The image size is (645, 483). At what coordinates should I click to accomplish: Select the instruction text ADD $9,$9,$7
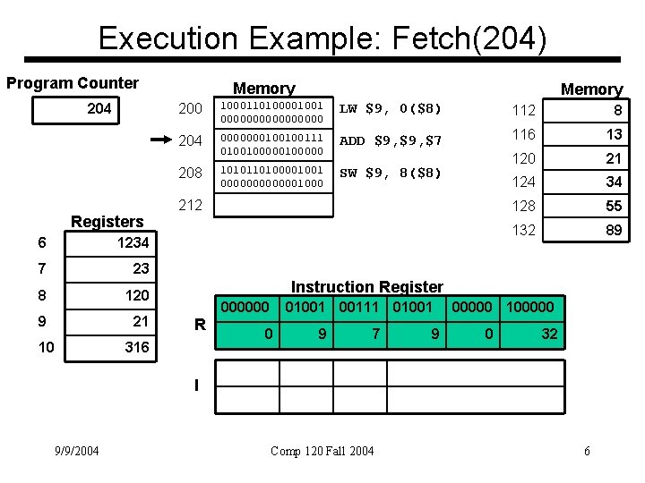391,140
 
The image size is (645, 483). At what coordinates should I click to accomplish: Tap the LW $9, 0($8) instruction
391,109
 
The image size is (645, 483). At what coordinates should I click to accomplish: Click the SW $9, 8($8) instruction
391,173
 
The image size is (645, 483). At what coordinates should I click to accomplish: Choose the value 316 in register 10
137,347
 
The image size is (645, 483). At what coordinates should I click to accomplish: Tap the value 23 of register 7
141,268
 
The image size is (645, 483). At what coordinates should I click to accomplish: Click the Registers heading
107,221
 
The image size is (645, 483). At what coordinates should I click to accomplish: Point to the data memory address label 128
523,206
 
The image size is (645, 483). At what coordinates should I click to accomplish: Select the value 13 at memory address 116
613,134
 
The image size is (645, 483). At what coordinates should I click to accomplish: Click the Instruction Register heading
367,286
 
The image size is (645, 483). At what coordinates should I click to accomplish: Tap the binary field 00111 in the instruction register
358,307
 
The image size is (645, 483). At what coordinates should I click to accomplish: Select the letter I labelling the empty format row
197,386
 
